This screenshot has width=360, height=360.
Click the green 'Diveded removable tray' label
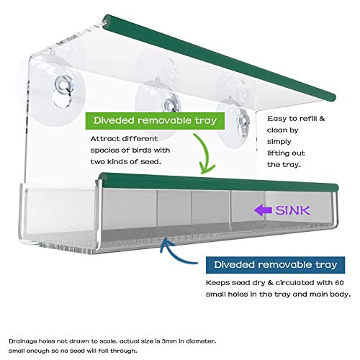pos(155,121)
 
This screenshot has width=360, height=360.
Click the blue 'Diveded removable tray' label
pos(275,265)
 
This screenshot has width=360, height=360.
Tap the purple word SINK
pos(293,210)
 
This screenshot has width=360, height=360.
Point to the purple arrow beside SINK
pos(263,210)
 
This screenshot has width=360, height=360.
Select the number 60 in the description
pos(339,283)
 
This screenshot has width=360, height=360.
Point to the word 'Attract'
pos(104,139)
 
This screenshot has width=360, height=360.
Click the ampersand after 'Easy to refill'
pos(322,119)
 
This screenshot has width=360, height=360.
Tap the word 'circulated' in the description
pos(294,283)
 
